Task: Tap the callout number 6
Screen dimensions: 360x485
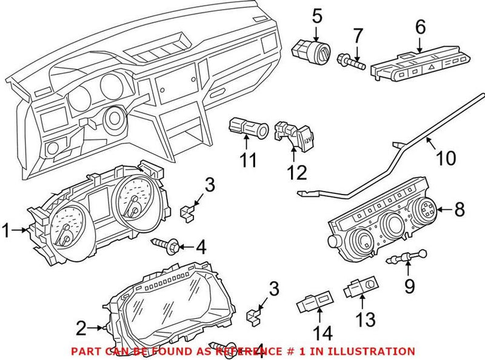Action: [420, 27]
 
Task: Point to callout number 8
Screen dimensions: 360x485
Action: [459, 210]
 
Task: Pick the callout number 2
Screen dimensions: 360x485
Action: [81, 329]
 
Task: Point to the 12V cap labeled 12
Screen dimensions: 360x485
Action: [291, 135]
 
